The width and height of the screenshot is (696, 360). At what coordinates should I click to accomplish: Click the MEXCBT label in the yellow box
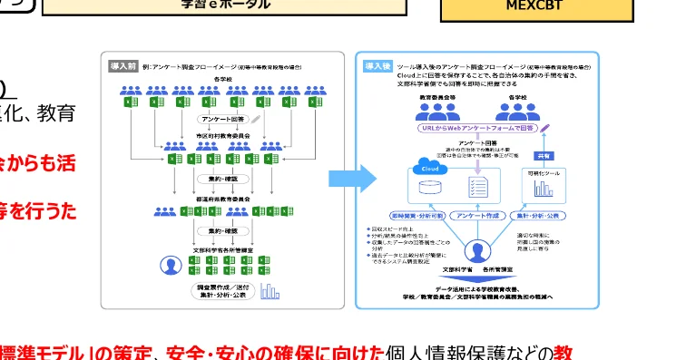(536, 5)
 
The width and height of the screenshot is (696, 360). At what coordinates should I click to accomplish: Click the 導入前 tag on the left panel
(123, 66)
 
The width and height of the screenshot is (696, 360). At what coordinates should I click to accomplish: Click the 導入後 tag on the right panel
(377, 66)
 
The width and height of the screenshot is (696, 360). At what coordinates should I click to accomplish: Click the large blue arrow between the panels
(349, 179)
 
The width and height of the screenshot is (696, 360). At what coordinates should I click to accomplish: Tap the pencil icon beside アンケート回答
(256, 119)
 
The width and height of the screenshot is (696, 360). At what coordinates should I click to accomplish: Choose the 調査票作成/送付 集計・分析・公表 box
(223, 290)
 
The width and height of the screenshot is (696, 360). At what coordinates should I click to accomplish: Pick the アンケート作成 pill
(477, 216)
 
